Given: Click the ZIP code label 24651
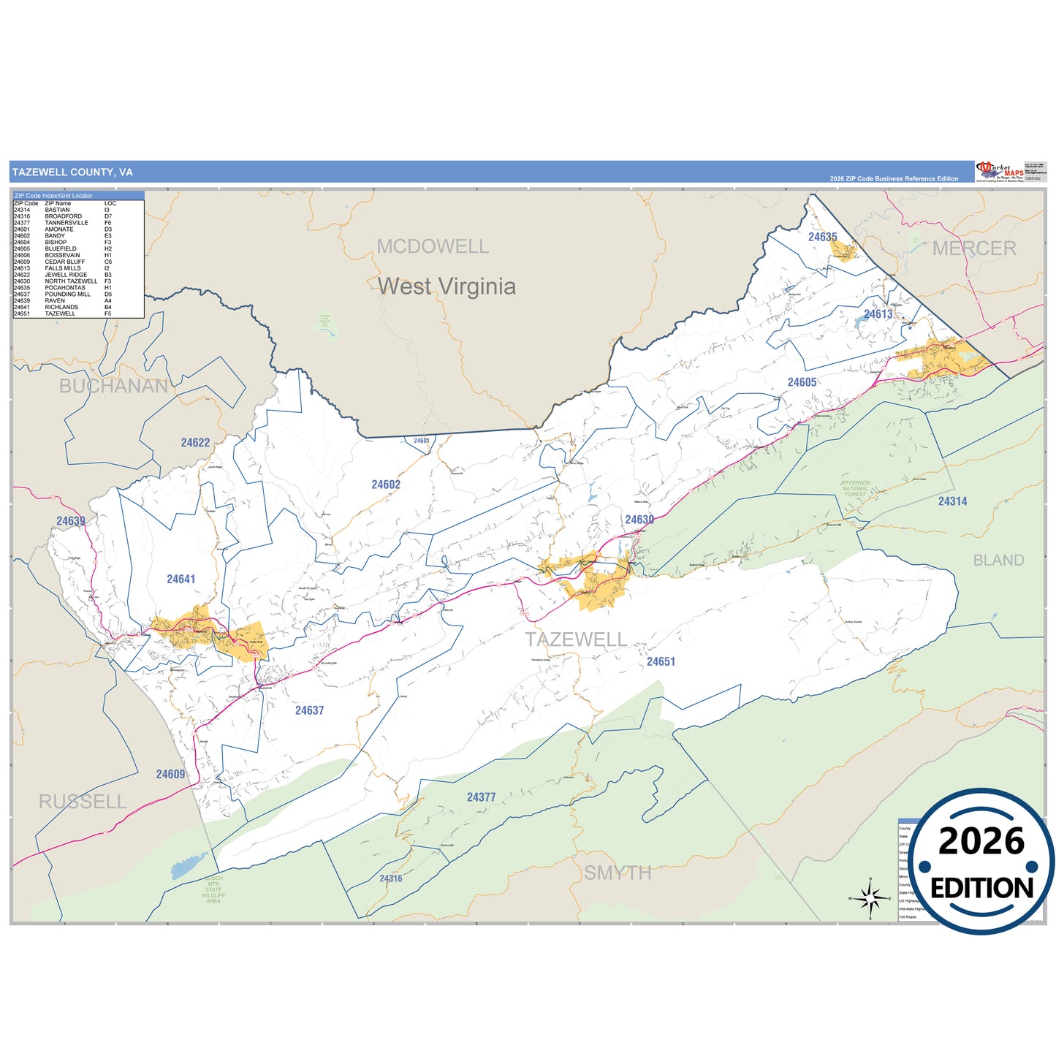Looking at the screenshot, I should pos(661,661).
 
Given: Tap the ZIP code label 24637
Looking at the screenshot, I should pos(309,710).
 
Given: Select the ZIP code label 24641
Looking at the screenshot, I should pos(181,580).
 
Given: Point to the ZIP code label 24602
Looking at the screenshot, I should pos(385,485).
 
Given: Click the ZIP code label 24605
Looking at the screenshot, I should pos(802,382).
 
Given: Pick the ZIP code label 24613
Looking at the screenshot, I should pos(878,314).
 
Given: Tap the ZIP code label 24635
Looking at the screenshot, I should pos(822,237).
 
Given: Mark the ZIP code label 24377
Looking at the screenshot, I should pos(481,797).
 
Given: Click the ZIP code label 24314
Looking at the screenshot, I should pos(952,501).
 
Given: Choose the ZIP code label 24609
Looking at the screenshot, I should pos(170,775).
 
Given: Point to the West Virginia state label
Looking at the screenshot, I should pos(447,286).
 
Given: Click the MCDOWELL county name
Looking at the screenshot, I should pos(433,246).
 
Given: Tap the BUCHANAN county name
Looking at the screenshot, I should pos(113,386).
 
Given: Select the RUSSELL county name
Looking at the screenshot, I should pos(83,802).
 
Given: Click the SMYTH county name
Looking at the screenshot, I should pos(617,873).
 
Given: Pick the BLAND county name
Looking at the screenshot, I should pos(998,561).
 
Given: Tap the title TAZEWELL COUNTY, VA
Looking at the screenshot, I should pos(72,172).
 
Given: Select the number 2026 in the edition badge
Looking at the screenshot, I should pos(981,841).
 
